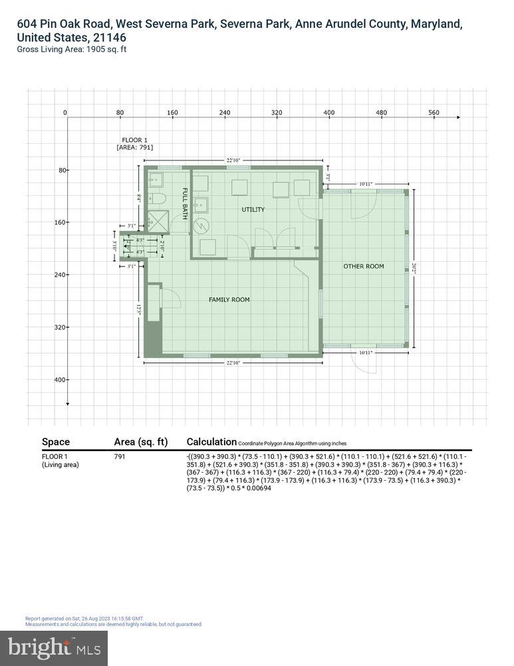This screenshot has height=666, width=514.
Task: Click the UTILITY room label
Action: (x=253, y=210)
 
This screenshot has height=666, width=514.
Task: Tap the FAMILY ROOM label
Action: (x=229, y=300)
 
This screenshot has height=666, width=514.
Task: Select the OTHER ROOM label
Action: (x=363, y=266)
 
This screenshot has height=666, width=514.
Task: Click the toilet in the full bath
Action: (x=157, y=198)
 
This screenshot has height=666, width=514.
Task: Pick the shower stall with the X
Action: (x=158, y=221)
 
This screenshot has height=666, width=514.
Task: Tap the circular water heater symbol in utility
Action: (x=201, y=225)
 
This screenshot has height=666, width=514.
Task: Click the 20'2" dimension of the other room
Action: (x=414, y=268)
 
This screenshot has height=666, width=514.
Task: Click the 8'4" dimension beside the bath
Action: (x=139, y=198)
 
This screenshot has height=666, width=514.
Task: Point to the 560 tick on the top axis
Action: (x=434, y=113)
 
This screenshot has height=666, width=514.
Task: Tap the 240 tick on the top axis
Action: (x=225, y=113)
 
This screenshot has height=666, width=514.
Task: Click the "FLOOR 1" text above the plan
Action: (x=134, y=140)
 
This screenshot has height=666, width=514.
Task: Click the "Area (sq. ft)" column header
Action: (x=140, y=442)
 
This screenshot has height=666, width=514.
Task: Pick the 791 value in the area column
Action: (x=120, y=456)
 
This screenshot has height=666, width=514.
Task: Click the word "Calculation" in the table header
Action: (x=211, y=442)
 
